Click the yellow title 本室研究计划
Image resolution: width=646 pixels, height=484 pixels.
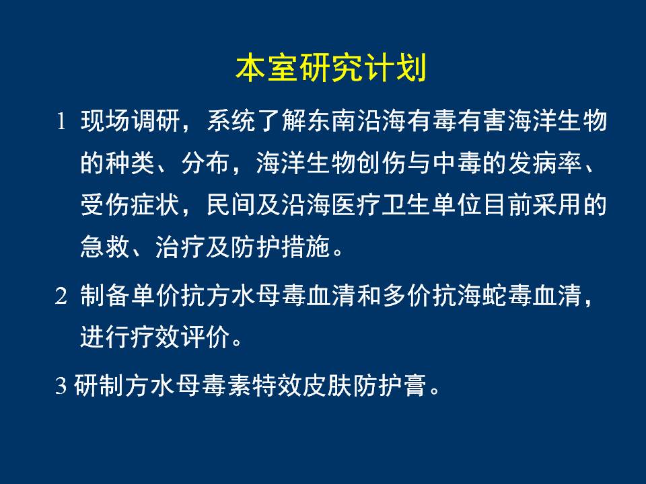(x=331, y=68)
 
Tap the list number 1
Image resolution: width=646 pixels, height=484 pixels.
(x=61, y=122)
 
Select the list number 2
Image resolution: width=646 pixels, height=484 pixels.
(x=61, y=296)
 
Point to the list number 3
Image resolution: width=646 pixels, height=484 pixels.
(x=61, y=385)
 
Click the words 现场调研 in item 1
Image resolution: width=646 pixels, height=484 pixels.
(x=130, y=121)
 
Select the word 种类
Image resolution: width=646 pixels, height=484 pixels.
(x=130, y=163)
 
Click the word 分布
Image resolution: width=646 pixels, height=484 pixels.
(x=206, y=163)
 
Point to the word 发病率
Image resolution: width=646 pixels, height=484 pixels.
(x=544, y=163)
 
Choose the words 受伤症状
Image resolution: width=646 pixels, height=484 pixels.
(x=130, y=205)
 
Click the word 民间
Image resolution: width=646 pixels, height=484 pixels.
(x=231, y=205)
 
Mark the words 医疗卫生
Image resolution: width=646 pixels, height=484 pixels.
(x=382, y=205)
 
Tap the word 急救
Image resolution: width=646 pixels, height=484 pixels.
(x=105, y=247)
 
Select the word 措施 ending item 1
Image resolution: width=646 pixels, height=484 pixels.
(x=307, y=247)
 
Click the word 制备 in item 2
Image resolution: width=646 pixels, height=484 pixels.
(x=105, y=296)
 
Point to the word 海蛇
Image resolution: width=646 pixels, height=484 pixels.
(x=483, y=296)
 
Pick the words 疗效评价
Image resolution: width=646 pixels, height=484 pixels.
(x=180, y=337)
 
